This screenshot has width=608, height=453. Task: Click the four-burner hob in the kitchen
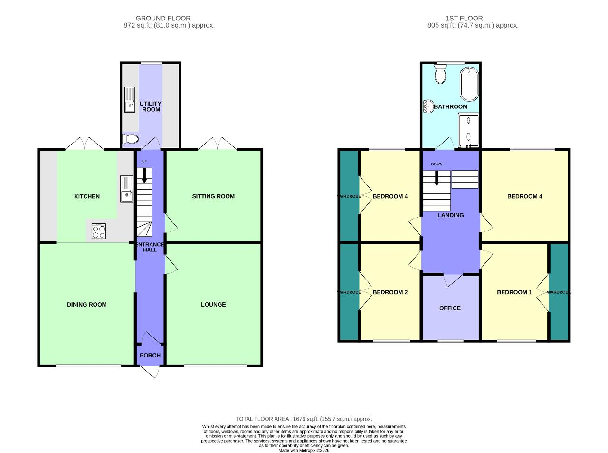[x=99, y=231]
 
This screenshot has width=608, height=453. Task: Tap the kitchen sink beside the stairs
[x=126, y=189]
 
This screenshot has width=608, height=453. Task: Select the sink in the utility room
[x=130, y=100]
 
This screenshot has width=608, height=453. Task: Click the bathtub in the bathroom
[x=469, y=84]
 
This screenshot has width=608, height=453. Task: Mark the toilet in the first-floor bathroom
[x=440, y=74]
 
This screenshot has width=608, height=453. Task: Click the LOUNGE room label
[x=213, y=305]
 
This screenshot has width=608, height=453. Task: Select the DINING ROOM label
[x=86, y=305]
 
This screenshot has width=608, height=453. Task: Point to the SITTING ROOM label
[x=213, y=196]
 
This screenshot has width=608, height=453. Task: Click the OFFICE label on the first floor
[x=450, y=308]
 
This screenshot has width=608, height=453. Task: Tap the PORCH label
[x=150, y=355]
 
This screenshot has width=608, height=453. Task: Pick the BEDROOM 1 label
[x=514, y=292]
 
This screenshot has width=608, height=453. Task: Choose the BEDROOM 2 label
[x=390, y=292]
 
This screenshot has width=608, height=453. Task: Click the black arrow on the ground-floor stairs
[x=144, y=177]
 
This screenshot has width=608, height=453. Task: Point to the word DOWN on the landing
[x=437, y=164]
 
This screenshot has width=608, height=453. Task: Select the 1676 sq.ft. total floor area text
[x=304, y=419]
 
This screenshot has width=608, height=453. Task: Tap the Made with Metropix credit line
[x=304, y=450]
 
